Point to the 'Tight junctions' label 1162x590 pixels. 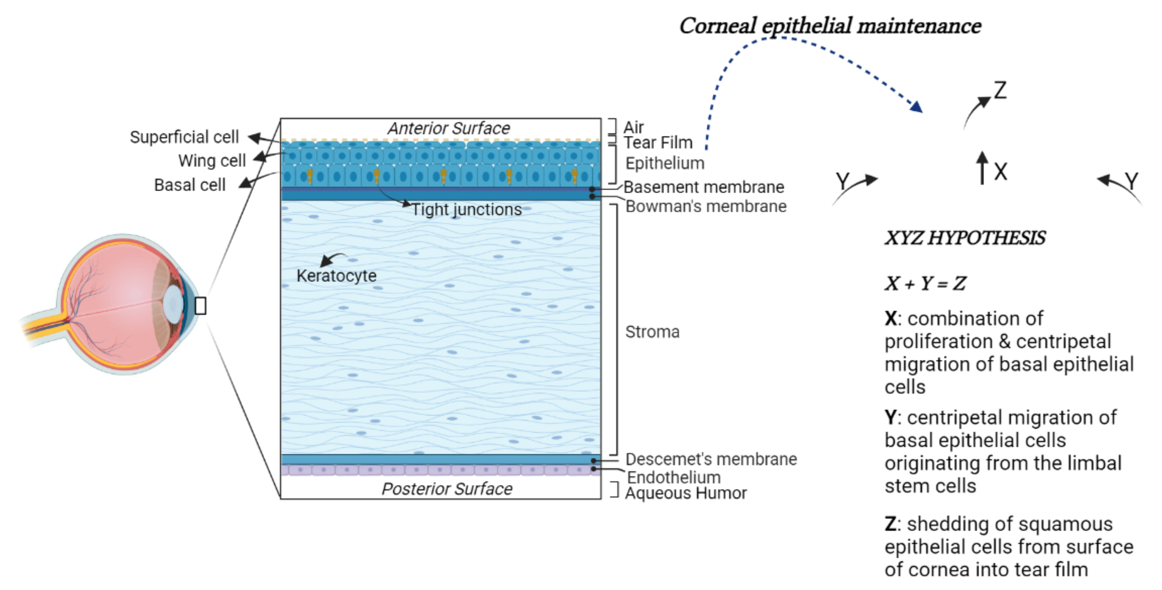pyautogui.click(x=466, y=210)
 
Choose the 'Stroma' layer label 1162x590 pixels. pyautogui.click(x=652, y=332)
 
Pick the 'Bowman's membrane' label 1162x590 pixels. pyautogui.click(x=706, y=207)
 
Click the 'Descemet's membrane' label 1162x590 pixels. pyautogui.click(x=711, y=459)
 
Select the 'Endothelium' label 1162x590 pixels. pyautogui.click(x=673, y=477)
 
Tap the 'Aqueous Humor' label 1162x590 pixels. pyautogui.click(x=686, y=493)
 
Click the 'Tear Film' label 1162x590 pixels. pyautogui.click(x=658, y=142)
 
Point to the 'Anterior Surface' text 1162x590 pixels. pyautogui.click(x=449, y=129)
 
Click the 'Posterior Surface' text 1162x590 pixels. pyautogui.click(x=447, y=489)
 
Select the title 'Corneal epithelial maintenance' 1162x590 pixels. pyautogui.click(x=830, y=26)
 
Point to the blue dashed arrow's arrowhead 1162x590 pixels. pyautogui.click(x=916, y=107)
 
